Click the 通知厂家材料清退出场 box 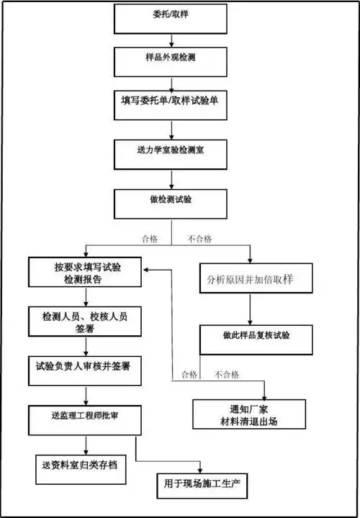pyautogui.click(x=245, y=415)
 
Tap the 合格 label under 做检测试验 pyautogui.click(x=151, y=238)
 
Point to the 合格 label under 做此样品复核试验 pyautogui.click(x=189, y=374)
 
